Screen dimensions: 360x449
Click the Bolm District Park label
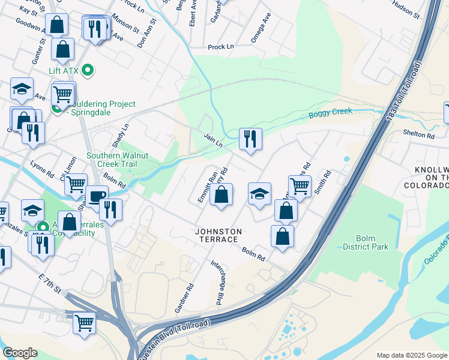coord(366,242)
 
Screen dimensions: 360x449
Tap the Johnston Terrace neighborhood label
coord(218,235)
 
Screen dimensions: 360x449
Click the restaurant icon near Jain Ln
coord(250,139)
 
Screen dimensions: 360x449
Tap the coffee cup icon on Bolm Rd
coord(95,196)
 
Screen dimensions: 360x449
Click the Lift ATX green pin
coord(88,71)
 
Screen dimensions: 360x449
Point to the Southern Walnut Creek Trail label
coord(118,160)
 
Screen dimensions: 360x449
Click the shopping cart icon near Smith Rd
coord(299,187)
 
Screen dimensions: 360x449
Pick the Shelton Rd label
coord(418,136)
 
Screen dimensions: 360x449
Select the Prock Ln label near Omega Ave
coord(220,47)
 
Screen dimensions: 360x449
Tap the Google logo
coord(20,353)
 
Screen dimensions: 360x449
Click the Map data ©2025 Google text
coord(412,355)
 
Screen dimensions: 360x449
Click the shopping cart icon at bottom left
coord(84,323)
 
